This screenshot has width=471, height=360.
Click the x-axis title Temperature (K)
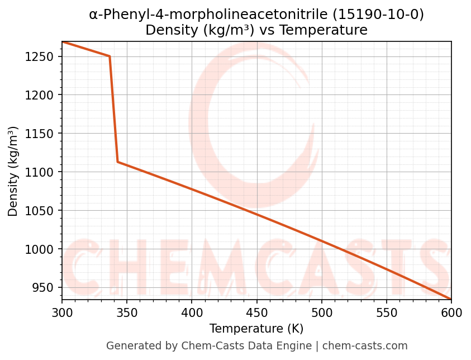[x=256, y=329]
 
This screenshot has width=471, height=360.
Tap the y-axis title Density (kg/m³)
[x=13, y=171]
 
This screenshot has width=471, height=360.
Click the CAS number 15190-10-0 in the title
[x=378, y=15]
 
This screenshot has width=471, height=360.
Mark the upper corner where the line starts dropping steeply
[x=110, y=56]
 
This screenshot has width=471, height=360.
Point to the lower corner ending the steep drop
[x=117, y=162]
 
